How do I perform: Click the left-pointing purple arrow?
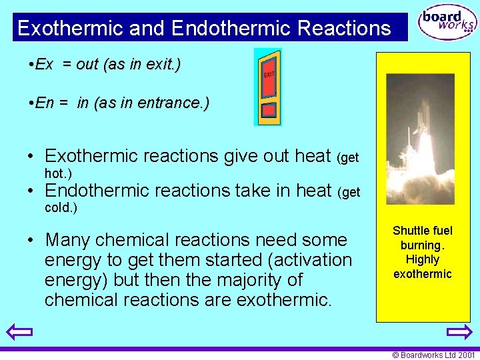click(19, 331)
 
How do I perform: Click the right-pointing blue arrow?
click(459, 331)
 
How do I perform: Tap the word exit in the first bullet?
click(162, 64)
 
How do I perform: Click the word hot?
click(57, 173)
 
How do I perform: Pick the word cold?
click(61, 207)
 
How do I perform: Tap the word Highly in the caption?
click(423, 259)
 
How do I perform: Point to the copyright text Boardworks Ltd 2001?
click(434, 355)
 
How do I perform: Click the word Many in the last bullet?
click(66, 239)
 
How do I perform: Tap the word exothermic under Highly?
click(423, 274)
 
